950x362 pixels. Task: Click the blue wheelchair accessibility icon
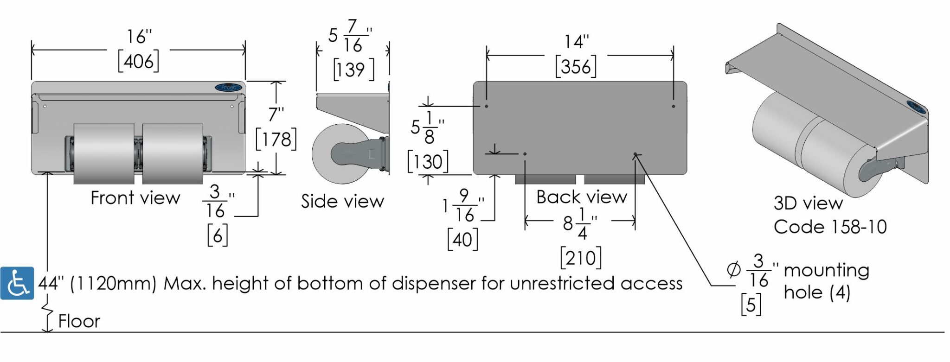(x=17, y=283)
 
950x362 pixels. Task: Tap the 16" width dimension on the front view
(x=139, y=36)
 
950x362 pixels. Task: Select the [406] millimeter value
(x=138, y=61)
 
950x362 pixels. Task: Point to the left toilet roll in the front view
(x=104, y=154)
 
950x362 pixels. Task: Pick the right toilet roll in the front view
(x=173, y=154)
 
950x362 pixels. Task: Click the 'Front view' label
(x=135, y=198)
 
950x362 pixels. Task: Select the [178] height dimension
(x=276, y=139)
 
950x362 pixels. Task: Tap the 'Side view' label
(x=342, y=201)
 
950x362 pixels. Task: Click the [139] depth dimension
(x=353, y=70)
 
